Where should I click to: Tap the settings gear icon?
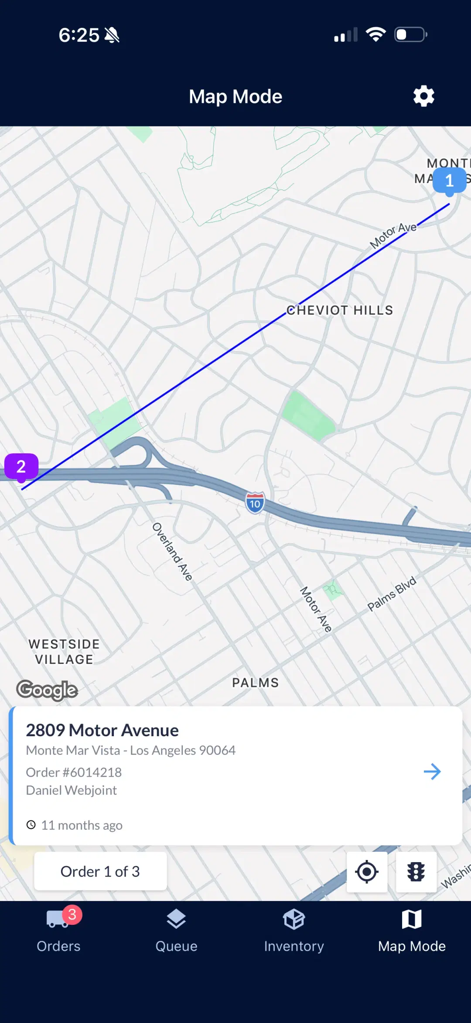(424, 96)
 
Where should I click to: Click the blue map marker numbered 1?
(449, 181)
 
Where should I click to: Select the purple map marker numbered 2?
(21, 467)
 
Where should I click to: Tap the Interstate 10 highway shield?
(255, 503)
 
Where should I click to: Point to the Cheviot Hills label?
(340, 310)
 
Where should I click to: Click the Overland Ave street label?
(172, 551)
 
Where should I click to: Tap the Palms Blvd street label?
(392, 594)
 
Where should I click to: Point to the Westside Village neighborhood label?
(64, 652)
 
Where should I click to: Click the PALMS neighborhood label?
(255, 683)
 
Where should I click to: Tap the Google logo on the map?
(47, 690)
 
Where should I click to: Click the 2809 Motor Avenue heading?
(102, 730)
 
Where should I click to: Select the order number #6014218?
(74, 772)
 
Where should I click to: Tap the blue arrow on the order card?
(432, 771)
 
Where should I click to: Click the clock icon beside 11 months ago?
(31, 825)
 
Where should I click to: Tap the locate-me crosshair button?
(367, 872)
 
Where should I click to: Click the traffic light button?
(416, 872)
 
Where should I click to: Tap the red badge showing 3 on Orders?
(72, 914)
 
